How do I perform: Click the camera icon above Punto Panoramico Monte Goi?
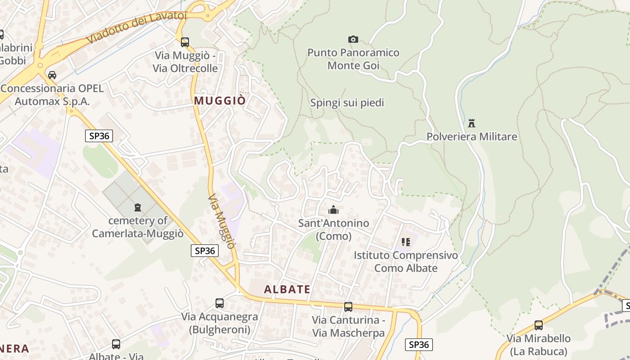pos(353,40)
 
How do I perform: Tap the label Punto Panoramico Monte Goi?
pos(353,59)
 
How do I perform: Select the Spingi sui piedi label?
pos(347,103)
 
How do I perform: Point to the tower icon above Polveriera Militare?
pos(472,123)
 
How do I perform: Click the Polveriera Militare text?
pos(472,136)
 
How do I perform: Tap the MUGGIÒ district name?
pos(220,100)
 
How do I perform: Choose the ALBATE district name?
pos(287,289)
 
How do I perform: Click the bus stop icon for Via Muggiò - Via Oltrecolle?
pos(185,42)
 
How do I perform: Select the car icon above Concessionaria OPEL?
pos(52,75)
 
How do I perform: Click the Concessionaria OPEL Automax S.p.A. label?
pos(52,94)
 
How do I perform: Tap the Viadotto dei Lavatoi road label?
pos(136,27)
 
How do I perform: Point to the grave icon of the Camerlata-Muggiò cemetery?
pos(137,207)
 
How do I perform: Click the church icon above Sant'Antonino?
pos(333,210)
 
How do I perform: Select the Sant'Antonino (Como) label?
pos(333,229)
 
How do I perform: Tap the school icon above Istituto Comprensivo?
pos(406,242)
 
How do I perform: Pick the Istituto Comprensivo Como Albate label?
pos(406,262)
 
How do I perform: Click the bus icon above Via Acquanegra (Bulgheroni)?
pos(220,303)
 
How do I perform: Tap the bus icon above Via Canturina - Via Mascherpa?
pos(348,307)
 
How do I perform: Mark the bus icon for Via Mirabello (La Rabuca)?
pos(539,325)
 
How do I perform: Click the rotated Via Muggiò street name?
pos(222,222)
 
